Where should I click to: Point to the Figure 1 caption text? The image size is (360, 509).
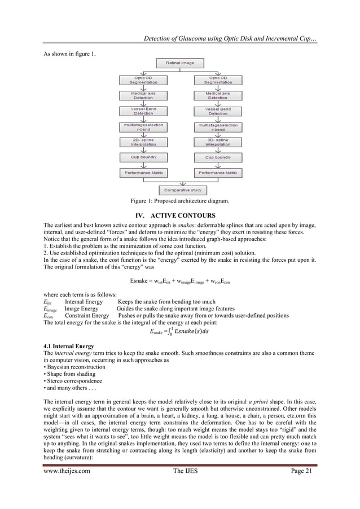(x=179, y=201)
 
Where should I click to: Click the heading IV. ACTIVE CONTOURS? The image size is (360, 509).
(x=179, y=215)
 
